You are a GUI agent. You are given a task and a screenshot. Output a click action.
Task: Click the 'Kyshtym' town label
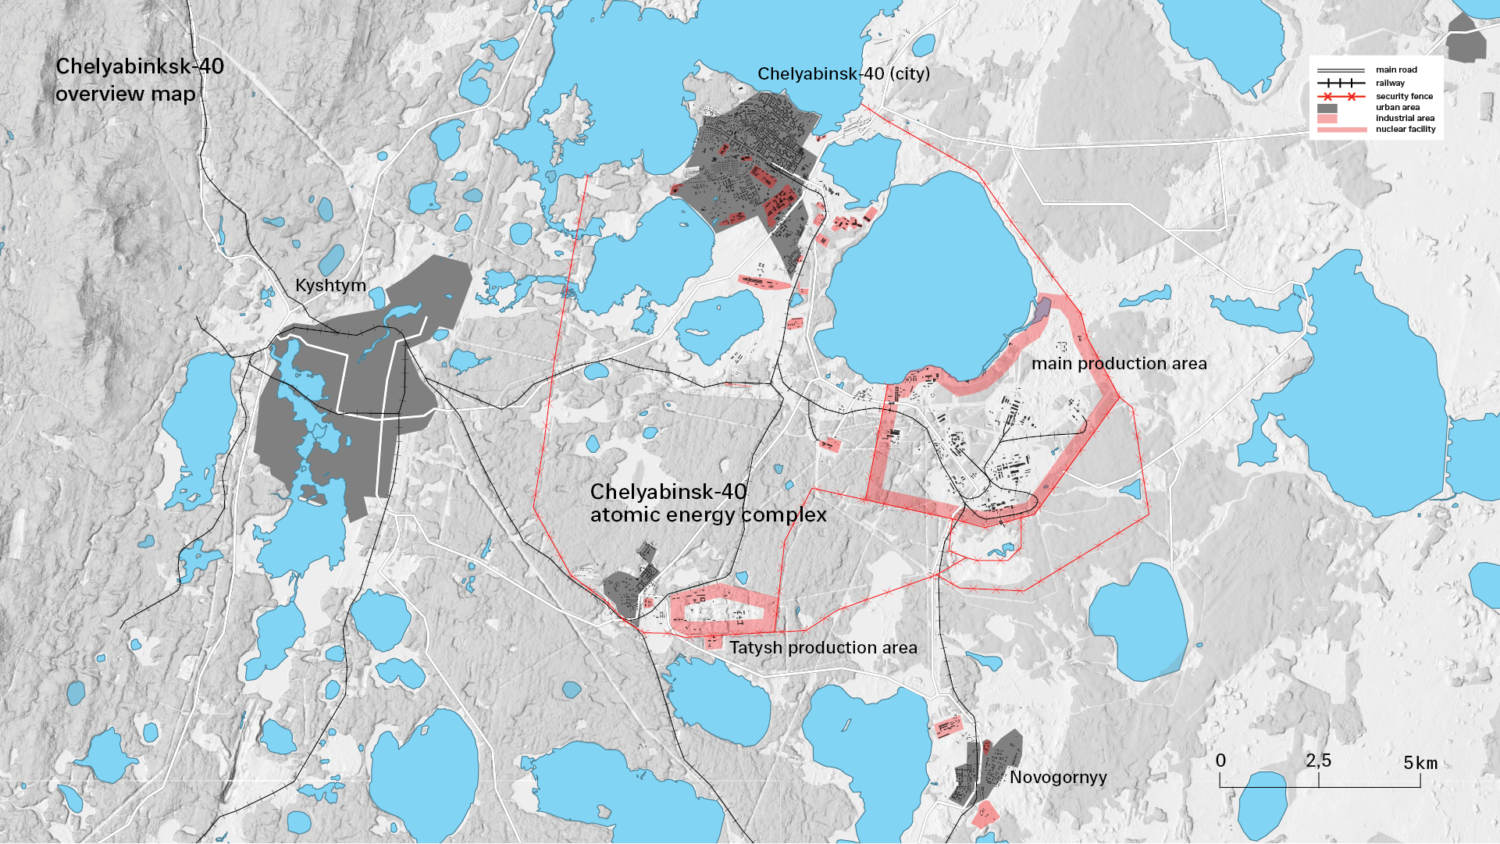point(330,286)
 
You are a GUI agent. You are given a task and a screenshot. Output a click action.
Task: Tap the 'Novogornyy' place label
point(1058,778)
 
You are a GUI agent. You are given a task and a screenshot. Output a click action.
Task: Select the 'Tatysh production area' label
point(823,648)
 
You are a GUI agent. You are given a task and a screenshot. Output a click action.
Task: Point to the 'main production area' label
point(1119,364)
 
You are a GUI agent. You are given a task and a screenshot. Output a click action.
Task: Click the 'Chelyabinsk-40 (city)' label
point(843,74)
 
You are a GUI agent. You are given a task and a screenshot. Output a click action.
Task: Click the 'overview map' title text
point(125,94)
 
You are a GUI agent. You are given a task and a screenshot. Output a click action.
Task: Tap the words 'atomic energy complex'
point(708,515)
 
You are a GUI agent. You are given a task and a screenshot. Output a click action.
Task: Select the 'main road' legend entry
point(1396,70)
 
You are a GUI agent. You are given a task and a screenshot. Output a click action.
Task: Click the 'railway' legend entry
point(1390,84)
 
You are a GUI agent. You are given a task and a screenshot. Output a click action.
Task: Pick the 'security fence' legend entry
point(1404,97)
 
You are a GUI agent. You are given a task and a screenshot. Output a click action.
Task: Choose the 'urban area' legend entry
point(1398,108)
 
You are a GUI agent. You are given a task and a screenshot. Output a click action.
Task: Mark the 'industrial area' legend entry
point(1405,119)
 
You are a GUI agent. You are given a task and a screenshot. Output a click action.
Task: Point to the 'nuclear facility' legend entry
point(1406,130)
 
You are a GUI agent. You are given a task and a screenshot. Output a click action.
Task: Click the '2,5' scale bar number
point(1318,761)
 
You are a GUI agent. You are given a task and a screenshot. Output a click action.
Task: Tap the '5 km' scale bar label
point(1420,763)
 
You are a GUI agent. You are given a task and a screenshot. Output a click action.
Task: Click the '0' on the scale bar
point(1220,761)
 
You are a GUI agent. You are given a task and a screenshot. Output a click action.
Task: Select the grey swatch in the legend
point(1327,109)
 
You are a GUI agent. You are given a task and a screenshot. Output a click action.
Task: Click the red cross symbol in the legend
point(1327,97)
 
